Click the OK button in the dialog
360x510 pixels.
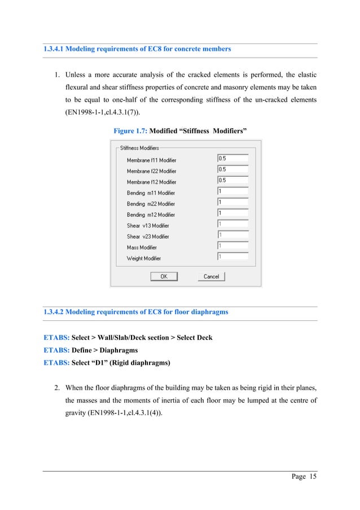(x=164, y=277)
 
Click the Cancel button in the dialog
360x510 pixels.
(x=211, y=277)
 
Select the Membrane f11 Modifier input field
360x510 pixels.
(x=232, y=159)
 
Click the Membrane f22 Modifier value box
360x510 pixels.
(x=232, y=169)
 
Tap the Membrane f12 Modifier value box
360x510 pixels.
(x=232, y=181)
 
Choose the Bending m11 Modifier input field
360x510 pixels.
(x=232, y=191)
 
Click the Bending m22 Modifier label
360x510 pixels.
(x=151, y=204)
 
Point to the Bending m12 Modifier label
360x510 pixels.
(x=151, y=215)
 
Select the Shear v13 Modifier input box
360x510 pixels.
(x=232, y=224)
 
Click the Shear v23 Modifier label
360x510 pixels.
(x=148, y=237)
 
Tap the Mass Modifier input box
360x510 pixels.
(x=232, y=246)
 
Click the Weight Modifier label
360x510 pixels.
(x=144, y=258)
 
